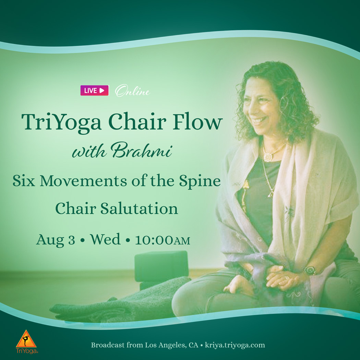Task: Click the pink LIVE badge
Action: [94, 90]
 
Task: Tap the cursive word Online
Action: [132, 91]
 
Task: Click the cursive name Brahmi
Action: [141, 151]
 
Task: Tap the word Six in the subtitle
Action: [24, 181]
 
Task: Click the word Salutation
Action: [139, 208]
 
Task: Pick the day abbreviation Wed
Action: [105, 239]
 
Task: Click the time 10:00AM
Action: [163, 240]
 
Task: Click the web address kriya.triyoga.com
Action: [235, 345]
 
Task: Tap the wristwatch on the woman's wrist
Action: [310, 271]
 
